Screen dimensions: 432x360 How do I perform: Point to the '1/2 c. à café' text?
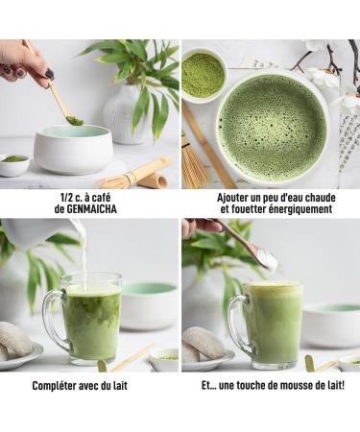coord(89,196)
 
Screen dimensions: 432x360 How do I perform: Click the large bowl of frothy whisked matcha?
coord(273,128)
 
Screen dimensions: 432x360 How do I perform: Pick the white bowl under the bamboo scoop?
coord(73,149)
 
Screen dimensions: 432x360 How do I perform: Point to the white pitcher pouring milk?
coord(38,232)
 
